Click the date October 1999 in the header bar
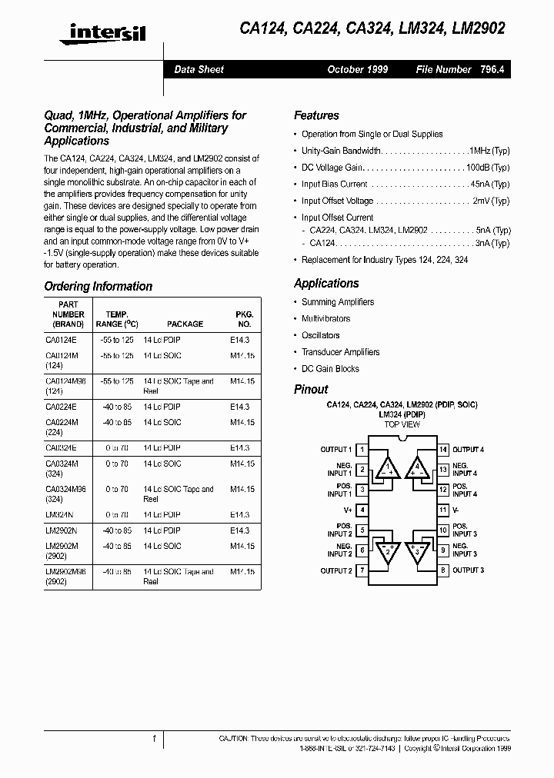357,69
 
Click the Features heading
316,115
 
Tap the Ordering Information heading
98,286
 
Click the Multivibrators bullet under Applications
325,318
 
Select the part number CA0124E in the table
62,339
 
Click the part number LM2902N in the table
62,530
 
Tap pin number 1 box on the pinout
362,449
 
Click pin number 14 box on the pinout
443,449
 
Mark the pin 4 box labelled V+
362,510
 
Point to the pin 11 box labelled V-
443,510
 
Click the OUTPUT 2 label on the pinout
336,570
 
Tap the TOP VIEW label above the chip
402,424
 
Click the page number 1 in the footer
155,739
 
